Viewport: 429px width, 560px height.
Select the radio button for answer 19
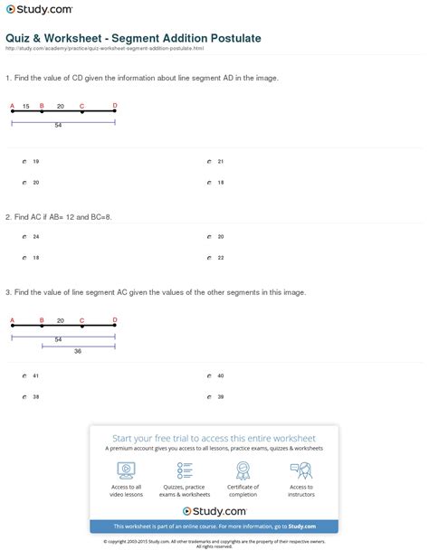(25, 162)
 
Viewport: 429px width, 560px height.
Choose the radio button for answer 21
(209, 162)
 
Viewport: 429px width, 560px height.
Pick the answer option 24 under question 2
(25, 237)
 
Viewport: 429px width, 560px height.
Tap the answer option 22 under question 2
(209, 258)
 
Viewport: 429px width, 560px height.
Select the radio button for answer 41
(25, 375)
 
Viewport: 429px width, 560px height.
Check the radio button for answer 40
(209, 375)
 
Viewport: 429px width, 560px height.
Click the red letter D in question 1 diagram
(115, 106)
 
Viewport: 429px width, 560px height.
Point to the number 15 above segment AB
(26, 107)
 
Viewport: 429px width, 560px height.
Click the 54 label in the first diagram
(58, 126)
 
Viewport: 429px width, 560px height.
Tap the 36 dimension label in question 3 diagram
(78, 351)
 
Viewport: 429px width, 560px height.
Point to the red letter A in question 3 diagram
(12, 320)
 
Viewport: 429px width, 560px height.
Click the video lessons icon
(127, 470)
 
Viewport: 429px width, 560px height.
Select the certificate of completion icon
(243, 470)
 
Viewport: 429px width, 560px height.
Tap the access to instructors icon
(300, 470)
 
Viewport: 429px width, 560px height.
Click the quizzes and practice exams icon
(185, 470)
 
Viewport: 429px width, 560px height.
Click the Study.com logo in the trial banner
(214, 511)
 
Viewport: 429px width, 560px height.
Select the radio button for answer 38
(25, 397)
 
